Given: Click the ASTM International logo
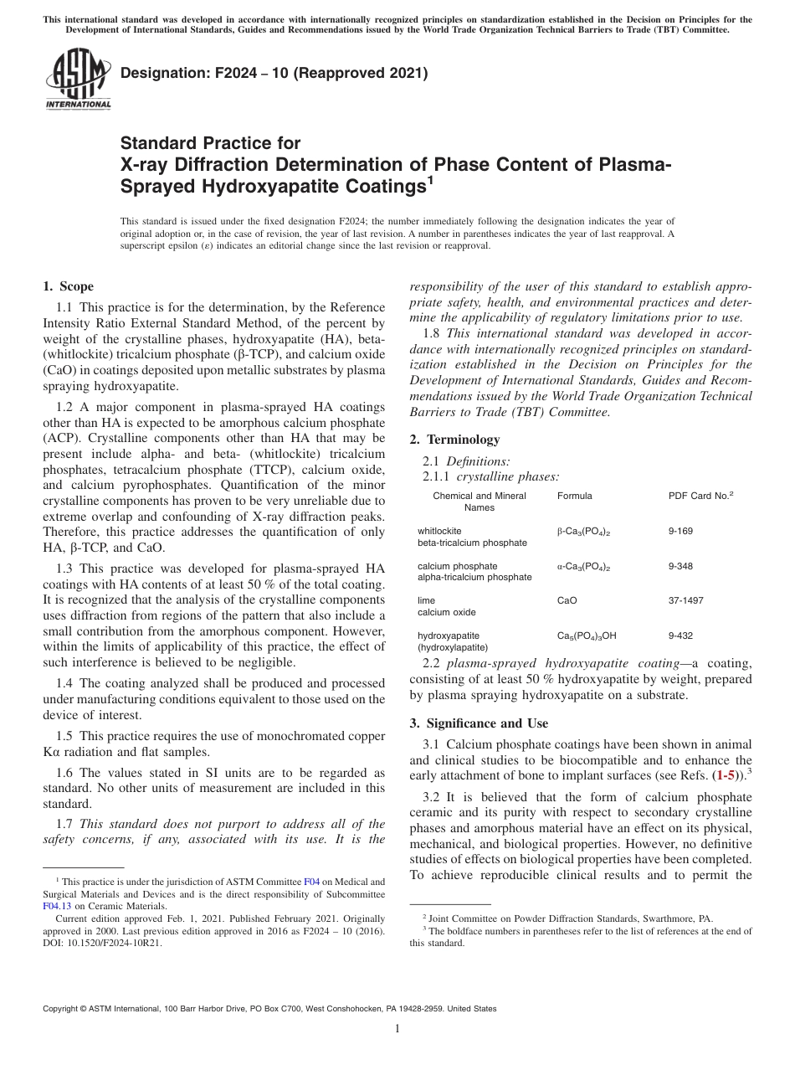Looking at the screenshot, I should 77,80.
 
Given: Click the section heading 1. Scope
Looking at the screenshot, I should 68,286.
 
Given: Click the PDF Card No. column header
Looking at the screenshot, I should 700,496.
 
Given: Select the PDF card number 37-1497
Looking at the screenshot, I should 685,600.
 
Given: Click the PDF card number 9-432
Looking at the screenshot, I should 680,635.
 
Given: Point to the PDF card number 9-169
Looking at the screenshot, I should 680,531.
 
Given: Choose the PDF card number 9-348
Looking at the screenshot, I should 680,566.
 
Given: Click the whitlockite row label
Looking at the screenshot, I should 439,531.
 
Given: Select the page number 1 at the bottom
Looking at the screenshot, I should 397,1029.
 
